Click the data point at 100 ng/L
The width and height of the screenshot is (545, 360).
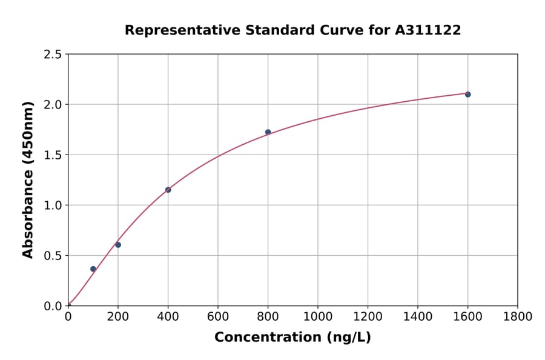tap(93, 269)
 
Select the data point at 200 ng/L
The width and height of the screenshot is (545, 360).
tap(118, 245)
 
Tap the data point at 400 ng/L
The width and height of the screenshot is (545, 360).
tap(168, 190)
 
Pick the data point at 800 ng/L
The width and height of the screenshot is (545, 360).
tap(268, 132)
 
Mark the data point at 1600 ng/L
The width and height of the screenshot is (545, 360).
tap(467, 95)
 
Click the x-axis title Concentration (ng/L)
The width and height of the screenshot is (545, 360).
tap(292, 338)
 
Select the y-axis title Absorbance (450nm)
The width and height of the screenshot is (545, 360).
tap(28, 180)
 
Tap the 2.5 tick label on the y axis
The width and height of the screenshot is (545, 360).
tap(52, 55)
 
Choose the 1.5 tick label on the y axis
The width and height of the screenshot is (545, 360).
tap(52, 155)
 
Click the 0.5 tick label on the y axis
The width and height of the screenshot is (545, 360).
tap(52, 256)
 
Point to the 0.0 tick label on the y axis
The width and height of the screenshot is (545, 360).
tap(52, 306)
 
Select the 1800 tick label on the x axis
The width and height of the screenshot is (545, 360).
tap(517, 317)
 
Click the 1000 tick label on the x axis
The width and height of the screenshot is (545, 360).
tap(317, 317)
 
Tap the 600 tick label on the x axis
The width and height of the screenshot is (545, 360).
tap(218, 317)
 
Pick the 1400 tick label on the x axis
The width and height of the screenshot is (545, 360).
tap(417, 317)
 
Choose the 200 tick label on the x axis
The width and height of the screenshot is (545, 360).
tap(118, 317)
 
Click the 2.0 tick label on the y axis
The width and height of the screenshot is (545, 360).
tap(52, 105)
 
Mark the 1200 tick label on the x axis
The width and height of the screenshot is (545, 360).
tap(368, 317)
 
